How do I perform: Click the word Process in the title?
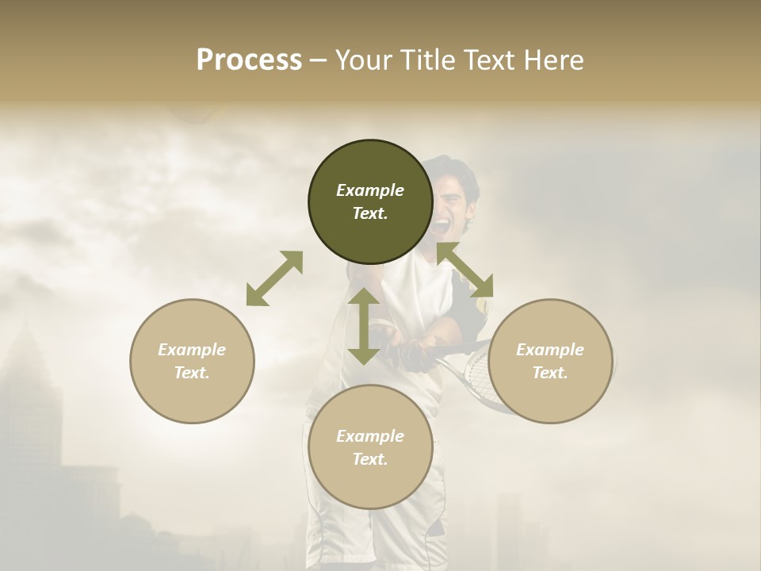point(249,60)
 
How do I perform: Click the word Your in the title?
point(365,60)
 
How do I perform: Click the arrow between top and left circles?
point(274,278)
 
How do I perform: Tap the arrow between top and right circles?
point(465,270)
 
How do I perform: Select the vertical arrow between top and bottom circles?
point(364,326)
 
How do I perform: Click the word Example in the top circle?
point(370,190)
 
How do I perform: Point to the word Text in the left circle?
point(192,373)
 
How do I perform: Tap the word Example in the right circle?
point(550,350)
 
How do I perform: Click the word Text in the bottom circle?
point(370,459)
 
